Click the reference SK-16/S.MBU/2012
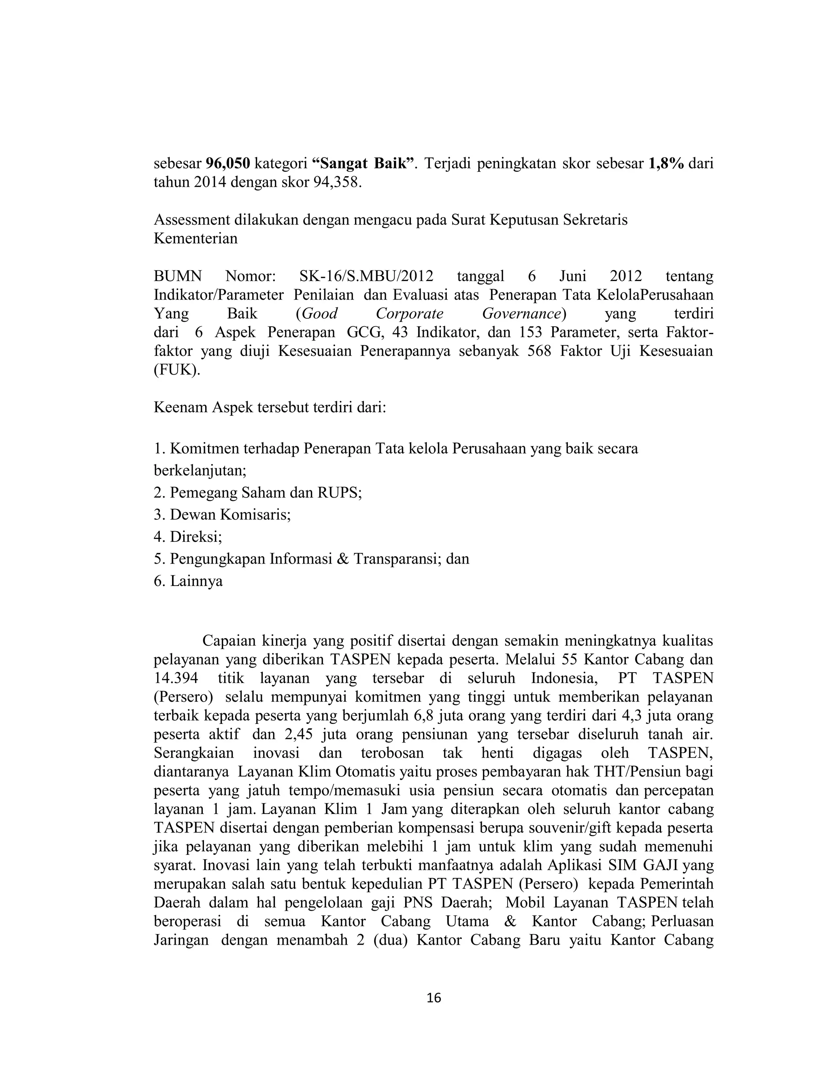pyautogui.click(x=366, y=276)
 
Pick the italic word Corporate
pyautogui.click(x=410, y=313)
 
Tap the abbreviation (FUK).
pyautogui.click(x=177, y=370)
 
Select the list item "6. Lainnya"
pyautogui.click(x=188, y=581)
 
